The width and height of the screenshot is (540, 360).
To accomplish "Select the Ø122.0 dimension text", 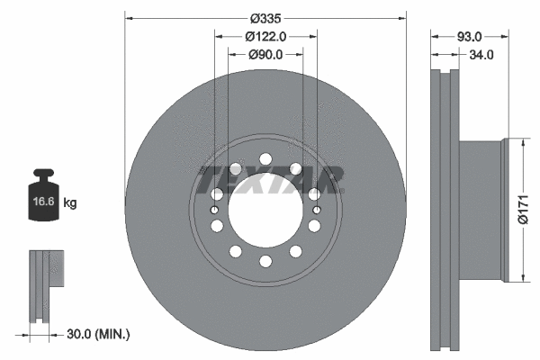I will pyautogui.click(x=265, y=37).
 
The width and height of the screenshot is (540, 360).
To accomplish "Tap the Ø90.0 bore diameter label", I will pyautogui.click(x=265, y=55).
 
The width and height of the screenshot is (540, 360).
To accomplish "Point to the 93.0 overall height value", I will pyautogui.click(x=470, y=37).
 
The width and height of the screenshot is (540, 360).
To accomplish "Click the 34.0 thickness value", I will pyautogui.click(x=481, y=55).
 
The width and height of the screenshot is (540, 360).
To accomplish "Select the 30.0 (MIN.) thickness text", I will pyautogui.click(x=99, y=334).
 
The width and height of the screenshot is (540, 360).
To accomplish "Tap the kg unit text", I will pyautogui.click(x=71, y=203).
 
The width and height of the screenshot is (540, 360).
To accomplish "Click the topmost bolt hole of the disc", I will pyautogui.click(x=265, y=159).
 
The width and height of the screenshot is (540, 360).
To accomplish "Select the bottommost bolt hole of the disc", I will pyautogui.click(x=265, y=262).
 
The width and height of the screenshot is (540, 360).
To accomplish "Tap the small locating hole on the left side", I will pyautogui.click(x=215, y=211).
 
